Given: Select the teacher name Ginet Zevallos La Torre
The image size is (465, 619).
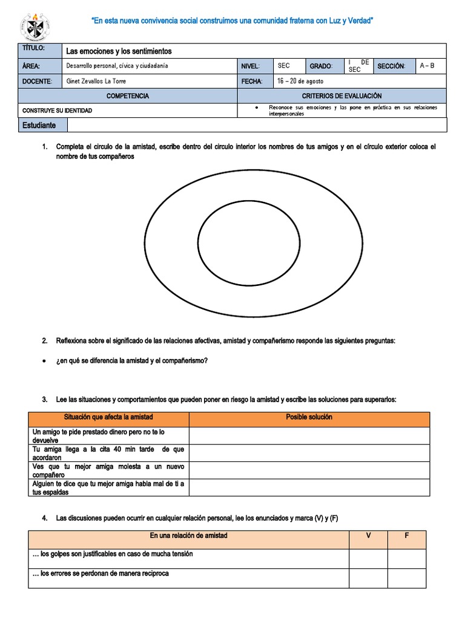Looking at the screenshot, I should (96, 81).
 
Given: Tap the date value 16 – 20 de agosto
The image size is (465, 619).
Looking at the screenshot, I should (300, 81).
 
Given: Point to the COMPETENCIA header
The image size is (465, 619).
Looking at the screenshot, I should (127, 96).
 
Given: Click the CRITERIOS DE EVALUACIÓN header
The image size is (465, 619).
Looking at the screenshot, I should (341, 96).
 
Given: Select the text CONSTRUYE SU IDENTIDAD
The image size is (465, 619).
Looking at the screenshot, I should (58, 111).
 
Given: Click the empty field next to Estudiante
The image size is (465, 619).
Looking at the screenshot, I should (257, 125).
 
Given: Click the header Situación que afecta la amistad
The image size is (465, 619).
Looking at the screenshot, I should (109, 418).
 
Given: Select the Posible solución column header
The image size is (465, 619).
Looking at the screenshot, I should (309, 418).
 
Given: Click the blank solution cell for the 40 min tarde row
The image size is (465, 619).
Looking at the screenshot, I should (309, 453).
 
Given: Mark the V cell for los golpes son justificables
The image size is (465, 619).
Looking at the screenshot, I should (368, 559).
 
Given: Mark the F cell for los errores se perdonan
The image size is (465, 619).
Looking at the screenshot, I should (407, 578).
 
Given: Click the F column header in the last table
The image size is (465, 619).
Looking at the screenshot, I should (407, 536).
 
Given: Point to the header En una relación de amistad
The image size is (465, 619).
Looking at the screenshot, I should (188, 536).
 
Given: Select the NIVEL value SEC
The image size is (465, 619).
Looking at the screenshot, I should (283, 66).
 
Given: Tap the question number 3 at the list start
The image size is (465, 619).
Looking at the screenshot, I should (45, 400).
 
